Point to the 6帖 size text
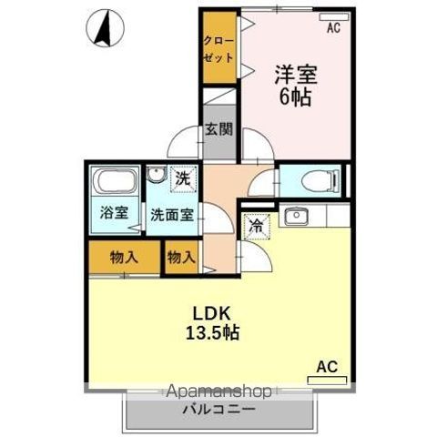[293, 97]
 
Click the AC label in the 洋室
[332, 28]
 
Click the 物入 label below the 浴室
[125, 258]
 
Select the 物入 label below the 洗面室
[181, 258]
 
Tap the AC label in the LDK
[327, 367]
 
